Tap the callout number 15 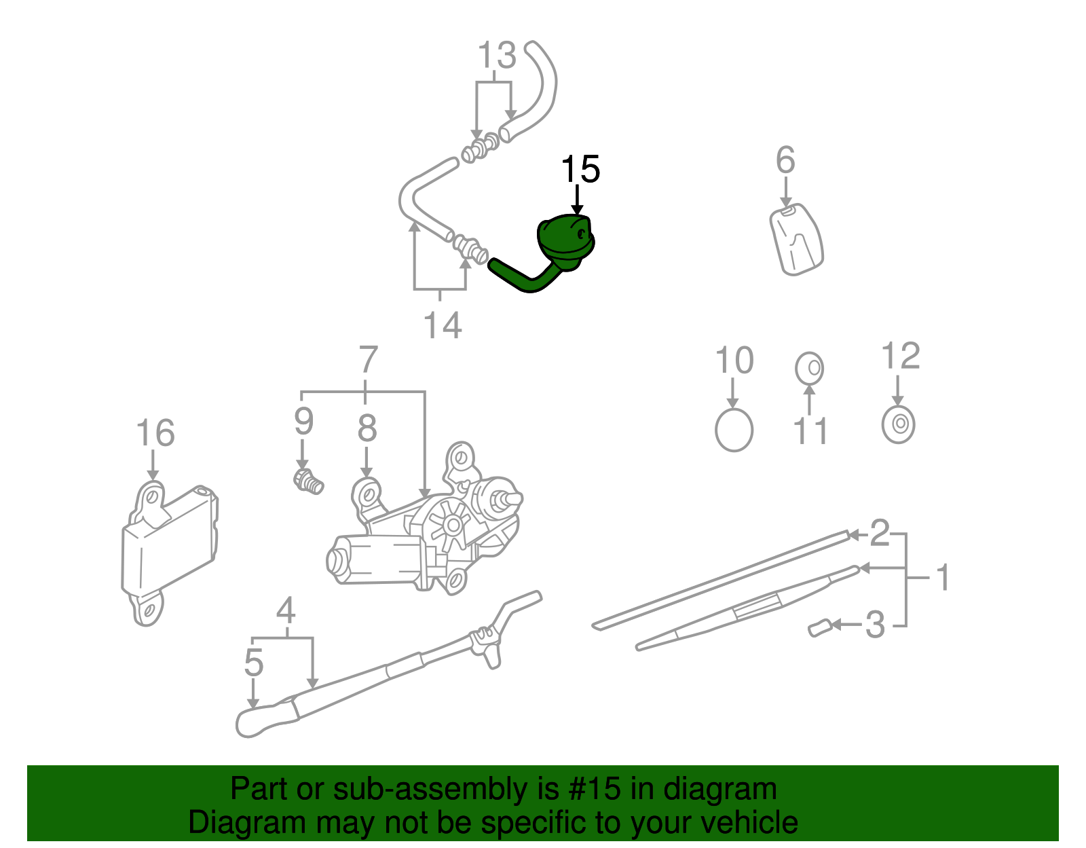(580, 170)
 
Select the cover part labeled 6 (796, 239)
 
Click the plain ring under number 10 (734, 430)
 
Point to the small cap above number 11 (809, 368)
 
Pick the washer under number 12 (898, 424)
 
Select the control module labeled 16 (170, 550)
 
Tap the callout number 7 (367, 360)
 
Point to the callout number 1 (942, 578)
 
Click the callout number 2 (879, 533)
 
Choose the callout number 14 (443, 325)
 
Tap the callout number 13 (497, 56)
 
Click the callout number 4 (286, 610)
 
